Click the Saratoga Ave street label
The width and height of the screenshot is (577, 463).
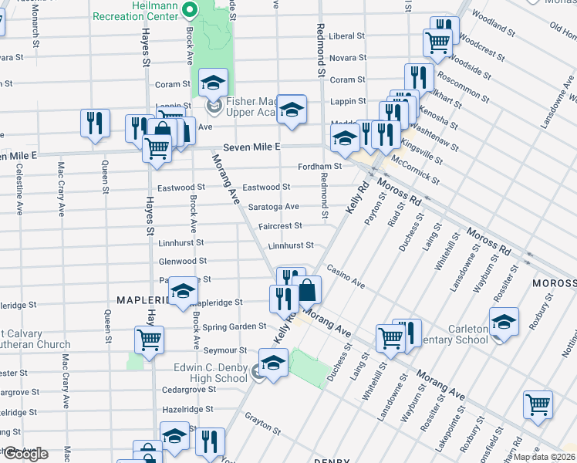[273, 207]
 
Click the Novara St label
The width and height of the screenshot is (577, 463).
[347, 58]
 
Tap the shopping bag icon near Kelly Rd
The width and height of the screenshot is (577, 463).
[306, 290]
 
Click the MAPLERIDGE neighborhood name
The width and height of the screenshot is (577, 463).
[142, 299]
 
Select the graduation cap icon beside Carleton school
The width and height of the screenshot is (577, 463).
[504, 322]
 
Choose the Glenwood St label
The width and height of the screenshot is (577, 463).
[181, 262]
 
